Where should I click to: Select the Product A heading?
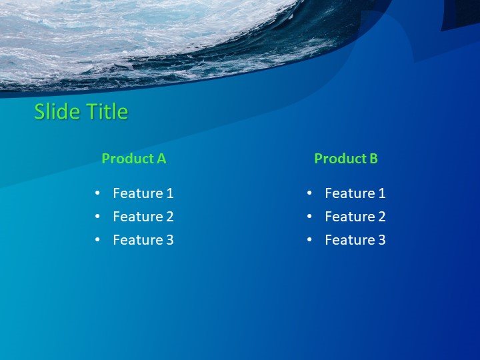coord(133,159)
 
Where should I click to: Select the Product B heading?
coord(345,159)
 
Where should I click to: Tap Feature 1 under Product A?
coord(143,193)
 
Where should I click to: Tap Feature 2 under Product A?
coord(143,217)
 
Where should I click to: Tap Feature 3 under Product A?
coord(143,240)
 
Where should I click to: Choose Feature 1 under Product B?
coord(355,193)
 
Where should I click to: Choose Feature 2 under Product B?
coord(355,217)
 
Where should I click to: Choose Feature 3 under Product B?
coord(355,240)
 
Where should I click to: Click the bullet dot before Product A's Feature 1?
coord(97,193)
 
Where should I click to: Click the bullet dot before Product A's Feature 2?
coord(97,217)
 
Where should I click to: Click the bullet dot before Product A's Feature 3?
coord(97,240)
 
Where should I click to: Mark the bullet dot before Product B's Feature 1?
coord(309,193)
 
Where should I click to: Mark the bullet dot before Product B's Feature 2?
coord(309,217)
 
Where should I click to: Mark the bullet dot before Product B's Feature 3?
coord(309,240)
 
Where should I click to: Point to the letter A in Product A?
coord(161,159)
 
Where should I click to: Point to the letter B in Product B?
coord(373,159)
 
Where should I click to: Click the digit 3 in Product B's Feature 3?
coord(381,240)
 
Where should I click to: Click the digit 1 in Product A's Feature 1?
coord(170,193)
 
